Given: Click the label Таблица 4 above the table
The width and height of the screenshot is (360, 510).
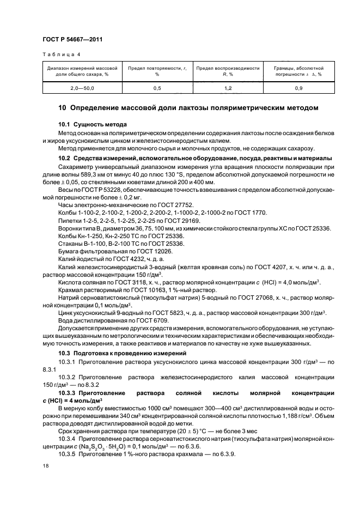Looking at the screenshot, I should click(x=61, y=54).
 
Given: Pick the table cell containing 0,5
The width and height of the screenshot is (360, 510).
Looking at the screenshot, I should click(x=157, y=87).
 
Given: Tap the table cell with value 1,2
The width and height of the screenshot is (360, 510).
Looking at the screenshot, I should click(x=228, y=87).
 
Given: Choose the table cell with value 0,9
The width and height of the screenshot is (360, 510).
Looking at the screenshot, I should click(x=298, y=87).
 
